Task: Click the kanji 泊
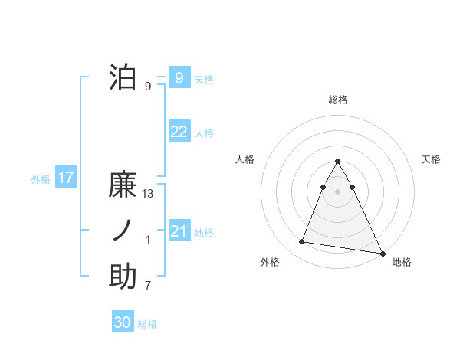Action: (x=123, y=77)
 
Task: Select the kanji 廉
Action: (x=123, y=186)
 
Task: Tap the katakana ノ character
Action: (x=123, y=231)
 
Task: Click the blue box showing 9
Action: (x=179, y=77)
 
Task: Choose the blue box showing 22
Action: (x=179, y=132)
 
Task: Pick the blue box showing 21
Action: (x=179, y=231)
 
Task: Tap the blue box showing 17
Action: (x=65, y=178)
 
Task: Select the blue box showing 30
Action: (x=122, y=322)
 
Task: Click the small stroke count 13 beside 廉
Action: (x=148, y=194)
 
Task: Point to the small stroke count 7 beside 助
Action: (x=148, y=286)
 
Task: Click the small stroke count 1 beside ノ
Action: (x=148, y=240)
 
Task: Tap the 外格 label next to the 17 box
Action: (x=41, y=179)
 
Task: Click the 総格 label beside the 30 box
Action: (x=147, y=324)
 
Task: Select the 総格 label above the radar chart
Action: (x=338, y=100)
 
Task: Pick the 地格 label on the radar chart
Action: (x=402, y=262)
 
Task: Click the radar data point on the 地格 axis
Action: (x=383, y=254)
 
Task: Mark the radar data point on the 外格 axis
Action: (x=301, y=242)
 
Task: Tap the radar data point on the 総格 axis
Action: (x=338, y=161)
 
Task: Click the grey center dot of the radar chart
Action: (x=338, y=191)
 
